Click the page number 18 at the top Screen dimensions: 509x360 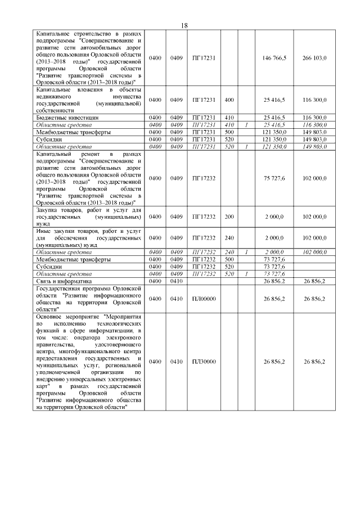coord(184,26)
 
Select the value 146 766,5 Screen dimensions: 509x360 coord(274,58)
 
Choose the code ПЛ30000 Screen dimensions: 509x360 coord(204,362)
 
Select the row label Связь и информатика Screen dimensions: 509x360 coord(65,280)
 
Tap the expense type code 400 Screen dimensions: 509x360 coord(228,100)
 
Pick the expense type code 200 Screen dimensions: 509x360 coord(228,217)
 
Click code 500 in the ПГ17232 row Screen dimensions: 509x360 coord(228,259)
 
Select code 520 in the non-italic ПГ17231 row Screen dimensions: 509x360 coord(228,139)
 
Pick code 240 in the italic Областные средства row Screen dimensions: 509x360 coord(228,252)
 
